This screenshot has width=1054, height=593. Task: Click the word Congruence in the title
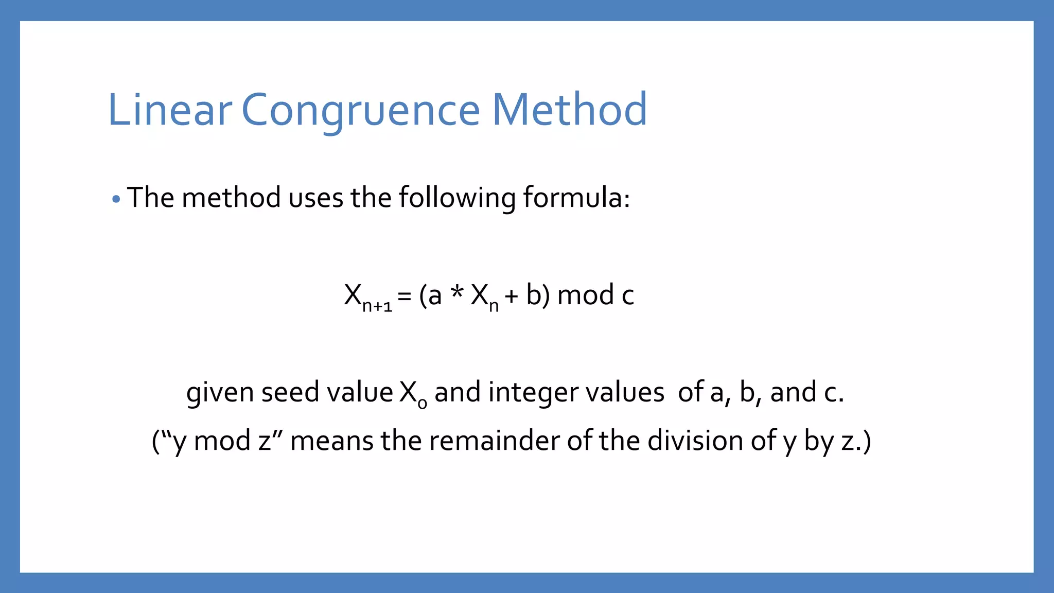360,111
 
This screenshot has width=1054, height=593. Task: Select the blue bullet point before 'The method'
116,199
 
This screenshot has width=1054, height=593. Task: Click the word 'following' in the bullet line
457,198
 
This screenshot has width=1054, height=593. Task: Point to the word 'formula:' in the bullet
576,197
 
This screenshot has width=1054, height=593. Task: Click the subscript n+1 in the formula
377,306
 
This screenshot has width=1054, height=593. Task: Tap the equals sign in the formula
405,296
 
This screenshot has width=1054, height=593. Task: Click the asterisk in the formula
456,293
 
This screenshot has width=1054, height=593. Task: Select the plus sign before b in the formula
511,296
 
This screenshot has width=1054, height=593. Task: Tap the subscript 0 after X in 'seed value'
422,403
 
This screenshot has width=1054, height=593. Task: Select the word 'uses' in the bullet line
315,198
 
